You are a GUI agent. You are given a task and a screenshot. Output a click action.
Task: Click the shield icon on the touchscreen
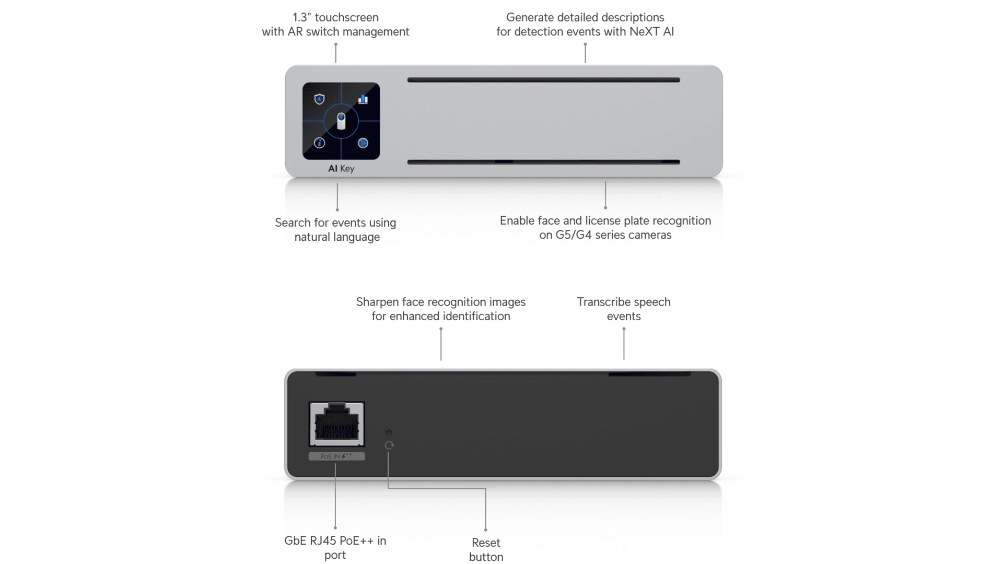[x=319, y=99]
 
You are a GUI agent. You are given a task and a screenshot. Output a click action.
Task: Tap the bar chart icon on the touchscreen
[x=363, y=99]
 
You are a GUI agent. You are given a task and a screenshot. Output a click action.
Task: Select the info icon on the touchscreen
[x=319, y=143]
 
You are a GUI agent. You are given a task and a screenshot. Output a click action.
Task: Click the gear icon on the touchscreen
[x=363, y=143]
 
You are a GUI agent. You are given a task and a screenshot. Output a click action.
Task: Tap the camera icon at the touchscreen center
[x=341, y=122]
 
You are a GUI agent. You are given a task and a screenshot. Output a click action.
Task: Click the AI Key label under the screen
[x=341, y=169]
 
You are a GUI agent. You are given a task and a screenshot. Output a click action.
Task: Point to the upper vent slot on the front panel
[x=543, y=80]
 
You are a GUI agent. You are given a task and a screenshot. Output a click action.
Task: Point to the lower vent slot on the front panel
[x=543, y=162]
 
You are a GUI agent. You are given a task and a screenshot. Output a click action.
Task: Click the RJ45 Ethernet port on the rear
[x=336, y=424]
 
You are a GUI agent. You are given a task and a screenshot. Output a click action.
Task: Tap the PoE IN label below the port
[x=336, y=456]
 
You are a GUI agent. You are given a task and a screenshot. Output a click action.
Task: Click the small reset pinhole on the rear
[x=389, y=433]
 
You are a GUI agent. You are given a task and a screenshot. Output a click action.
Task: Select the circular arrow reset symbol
[x=389, y=445]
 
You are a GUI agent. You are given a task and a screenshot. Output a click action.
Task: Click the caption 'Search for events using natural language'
[x=336, y=230]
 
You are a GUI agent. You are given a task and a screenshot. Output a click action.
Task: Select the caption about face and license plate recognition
[x=605, y=228]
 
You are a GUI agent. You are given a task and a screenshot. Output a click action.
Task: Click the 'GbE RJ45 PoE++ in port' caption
[x=335, y=548]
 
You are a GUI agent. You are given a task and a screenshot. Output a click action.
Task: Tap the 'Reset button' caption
[x=486, y=550]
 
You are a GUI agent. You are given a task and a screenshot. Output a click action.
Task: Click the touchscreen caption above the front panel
[x=336, y=25]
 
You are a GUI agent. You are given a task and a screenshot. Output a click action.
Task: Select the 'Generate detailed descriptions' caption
[x=585, y=25]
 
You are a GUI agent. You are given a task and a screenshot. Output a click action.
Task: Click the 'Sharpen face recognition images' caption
[x=441, y=310]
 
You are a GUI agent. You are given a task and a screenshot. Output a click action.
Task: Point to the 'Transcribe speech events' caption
[x=624, y=310]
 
